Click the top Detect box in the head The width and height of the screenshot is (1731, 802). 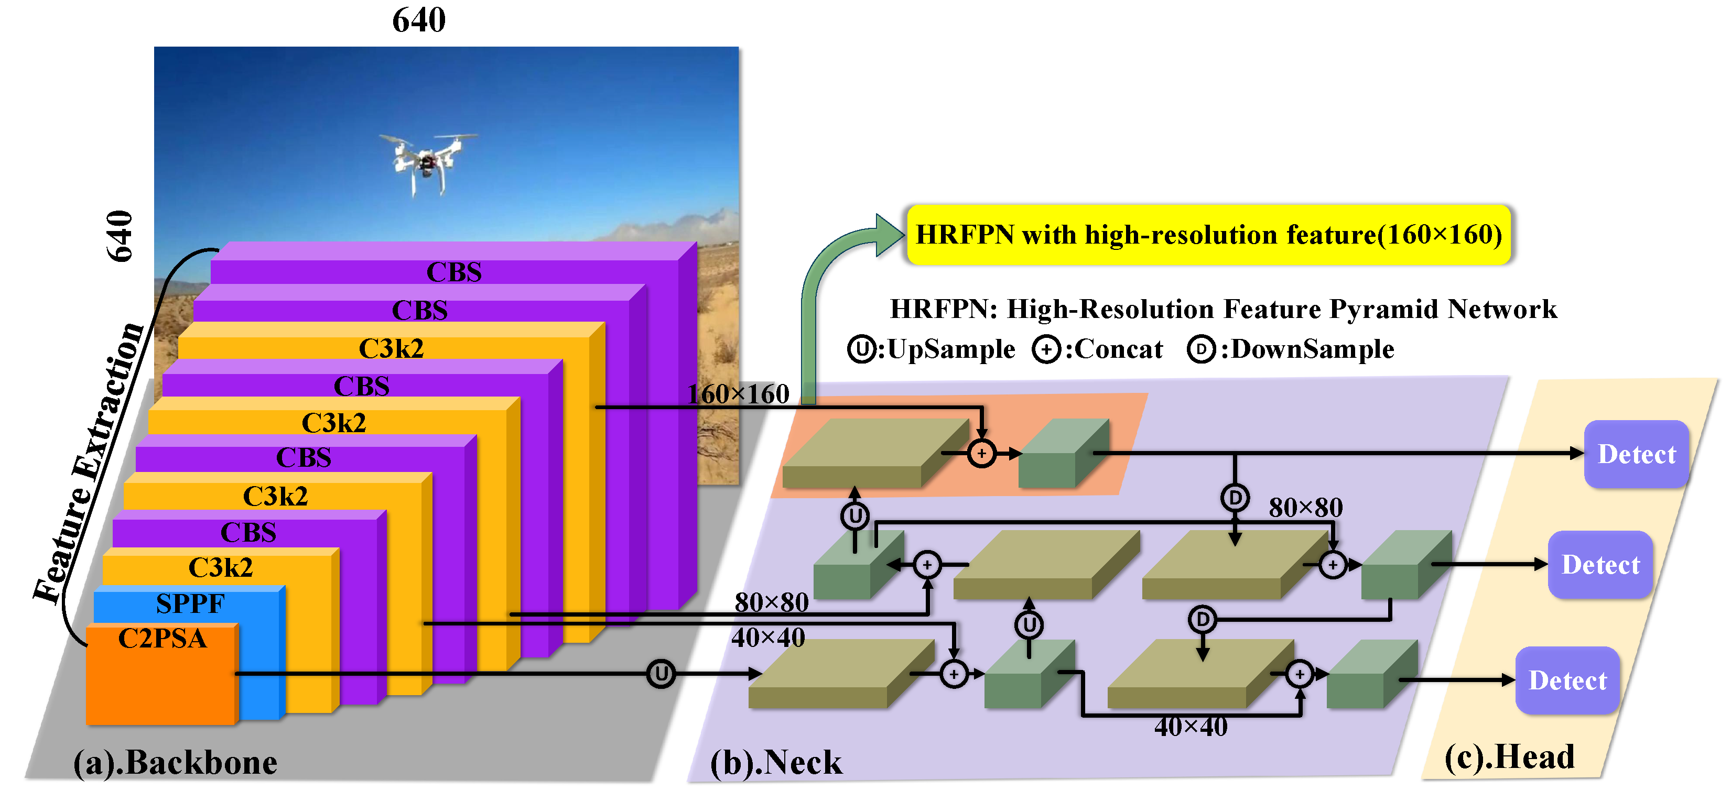point(1636,454)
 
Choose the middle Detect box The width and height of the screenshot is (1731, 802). point(1600,565)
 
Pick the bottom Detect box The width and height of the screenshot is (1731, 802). point(1567,680)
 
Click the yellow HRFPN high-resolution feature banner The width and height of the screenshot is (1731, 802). point(1208,235)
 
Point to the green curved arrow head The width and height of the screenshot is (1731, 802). point(889,235)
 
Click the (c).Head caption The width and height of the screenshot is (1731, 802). point(1509,757)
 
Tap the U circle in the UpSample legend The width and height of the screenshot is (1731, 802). point(861,349)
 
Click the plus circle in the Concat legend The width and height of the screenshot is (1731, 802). point(1046,350)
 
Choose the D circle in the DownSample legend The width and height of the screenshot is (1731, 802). point(1202,349)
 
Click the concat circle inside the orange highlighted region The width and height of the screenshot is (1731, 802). point(982,454)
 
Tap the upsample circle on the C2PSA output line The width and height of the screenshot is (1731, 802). point(661,674)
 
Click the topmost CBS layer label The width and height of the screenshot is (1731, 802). point(455,272)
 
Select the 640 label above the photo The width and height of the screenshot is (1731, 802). point(419,20)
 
